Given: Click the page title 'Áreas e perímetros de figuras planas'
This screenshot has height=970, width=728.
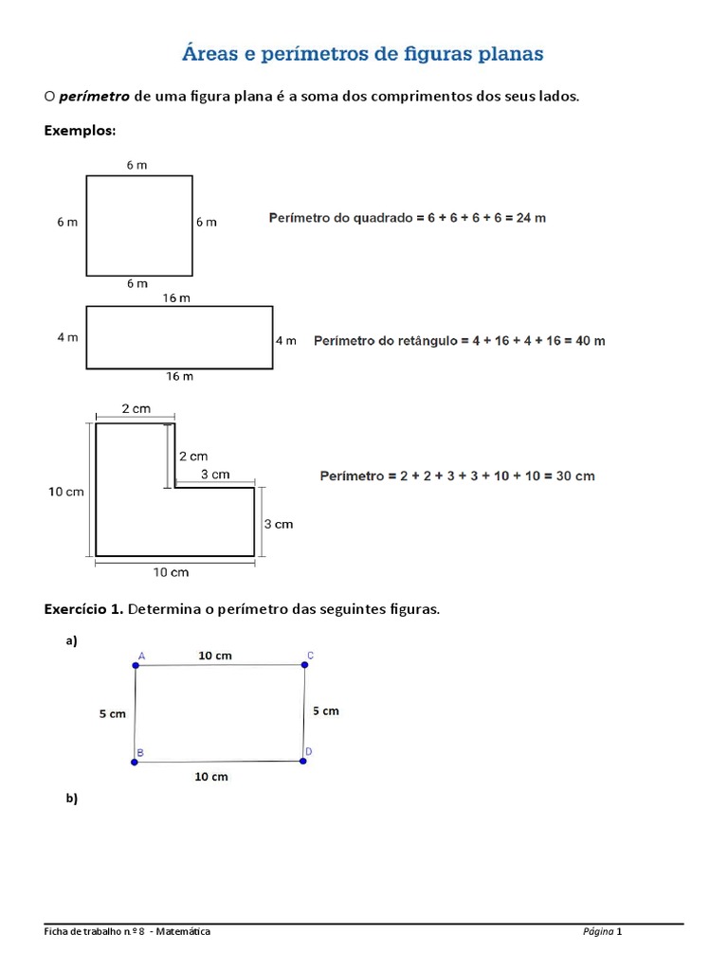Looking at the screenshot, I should [363, 54].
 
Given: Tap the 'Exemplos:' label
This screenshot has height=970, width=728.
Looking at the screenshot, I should [80, 131].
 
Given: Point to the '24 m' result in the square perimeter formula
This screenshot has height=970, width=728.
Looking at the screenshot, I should [529, 218].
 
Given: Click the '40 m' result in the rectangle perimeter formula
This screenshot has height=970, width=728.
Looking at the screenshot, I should [588, 341].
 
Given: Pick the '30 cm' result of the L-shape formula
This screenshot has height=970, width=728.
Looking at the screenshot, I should [575, 476].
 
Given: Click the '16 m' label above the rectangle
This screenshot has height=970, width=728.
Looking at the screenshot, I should [177, 298].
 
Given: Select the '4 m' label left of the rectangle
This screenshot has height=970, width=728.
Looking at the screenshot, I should [67, 337].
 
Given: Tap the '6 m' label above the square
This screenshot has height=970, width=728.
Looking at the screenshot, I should [136, 165].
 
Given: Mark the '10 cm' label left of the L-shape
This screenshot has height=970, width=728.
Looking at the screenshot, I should [66, 491].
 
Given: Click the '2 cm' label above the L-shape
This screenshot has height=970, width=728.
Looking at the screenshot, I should [136, 408].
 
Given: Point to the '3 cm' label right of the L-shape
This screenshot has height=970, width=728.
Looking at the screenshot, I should [278, 524].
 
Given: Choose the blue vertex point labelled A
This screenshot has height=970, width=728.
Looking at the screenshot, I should [136, 666].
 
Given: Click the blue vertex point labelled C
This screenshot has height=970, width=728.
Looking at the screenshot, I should [305, 665].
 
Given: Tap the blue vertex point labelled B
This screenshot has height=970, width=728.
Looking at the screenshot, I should [135, 762].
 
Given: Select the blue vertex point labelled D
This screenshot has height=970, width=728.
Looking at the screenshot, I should [302, 760].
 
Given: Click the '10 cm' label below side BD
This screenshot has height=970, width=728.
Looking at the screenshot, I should [211, 777].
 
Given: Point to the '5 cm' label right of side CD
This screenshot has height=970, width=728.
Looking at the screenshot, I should [325, 710].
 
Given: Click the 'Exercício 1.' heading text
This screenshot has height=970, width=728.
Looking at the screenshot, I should [83, 609].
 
